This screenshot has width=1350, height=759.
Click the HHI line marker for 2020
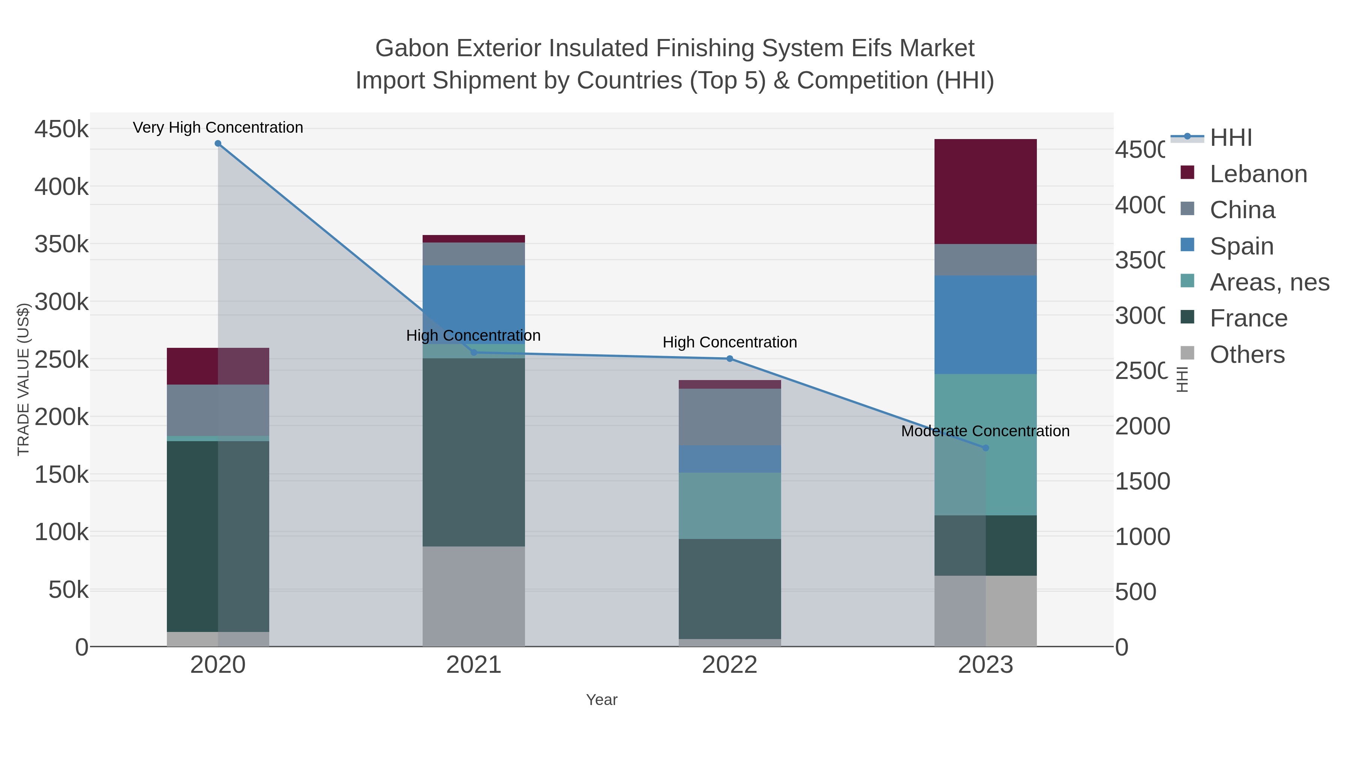pos(218,144)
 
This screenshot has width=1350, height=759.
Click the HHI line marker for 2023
pos(985,448)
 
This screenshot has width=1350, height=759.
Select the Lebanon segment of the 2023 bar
pos(985,191)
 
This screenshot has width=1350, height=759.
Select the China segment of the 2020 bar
pos(218,410)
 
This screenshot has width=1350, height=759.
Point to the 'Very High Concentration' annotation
pos(218,127)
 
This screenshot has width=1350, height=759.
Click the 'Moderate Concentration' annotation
pos(985,431)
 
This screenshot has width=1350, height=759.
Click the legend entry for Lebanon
pos(1258,174)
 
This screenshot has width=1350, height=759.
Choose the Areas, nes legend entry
pos(1269,282)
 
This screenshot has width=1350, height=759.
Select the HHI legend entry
pos(1230,138)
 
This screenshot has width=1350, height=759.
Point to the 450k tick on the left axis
pos(61,129)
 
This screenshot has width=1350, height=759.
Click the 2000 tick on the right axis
pos(1141,426)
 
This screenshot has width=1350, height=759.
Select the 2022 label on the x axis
pos(729,665)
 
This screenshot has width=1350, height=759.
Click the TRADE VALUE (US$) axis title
pos(23,379)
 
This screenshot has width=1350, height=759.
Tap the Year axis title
pos(601,700)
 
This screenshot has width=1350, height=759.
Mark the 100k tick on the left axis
pos(61,532)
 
